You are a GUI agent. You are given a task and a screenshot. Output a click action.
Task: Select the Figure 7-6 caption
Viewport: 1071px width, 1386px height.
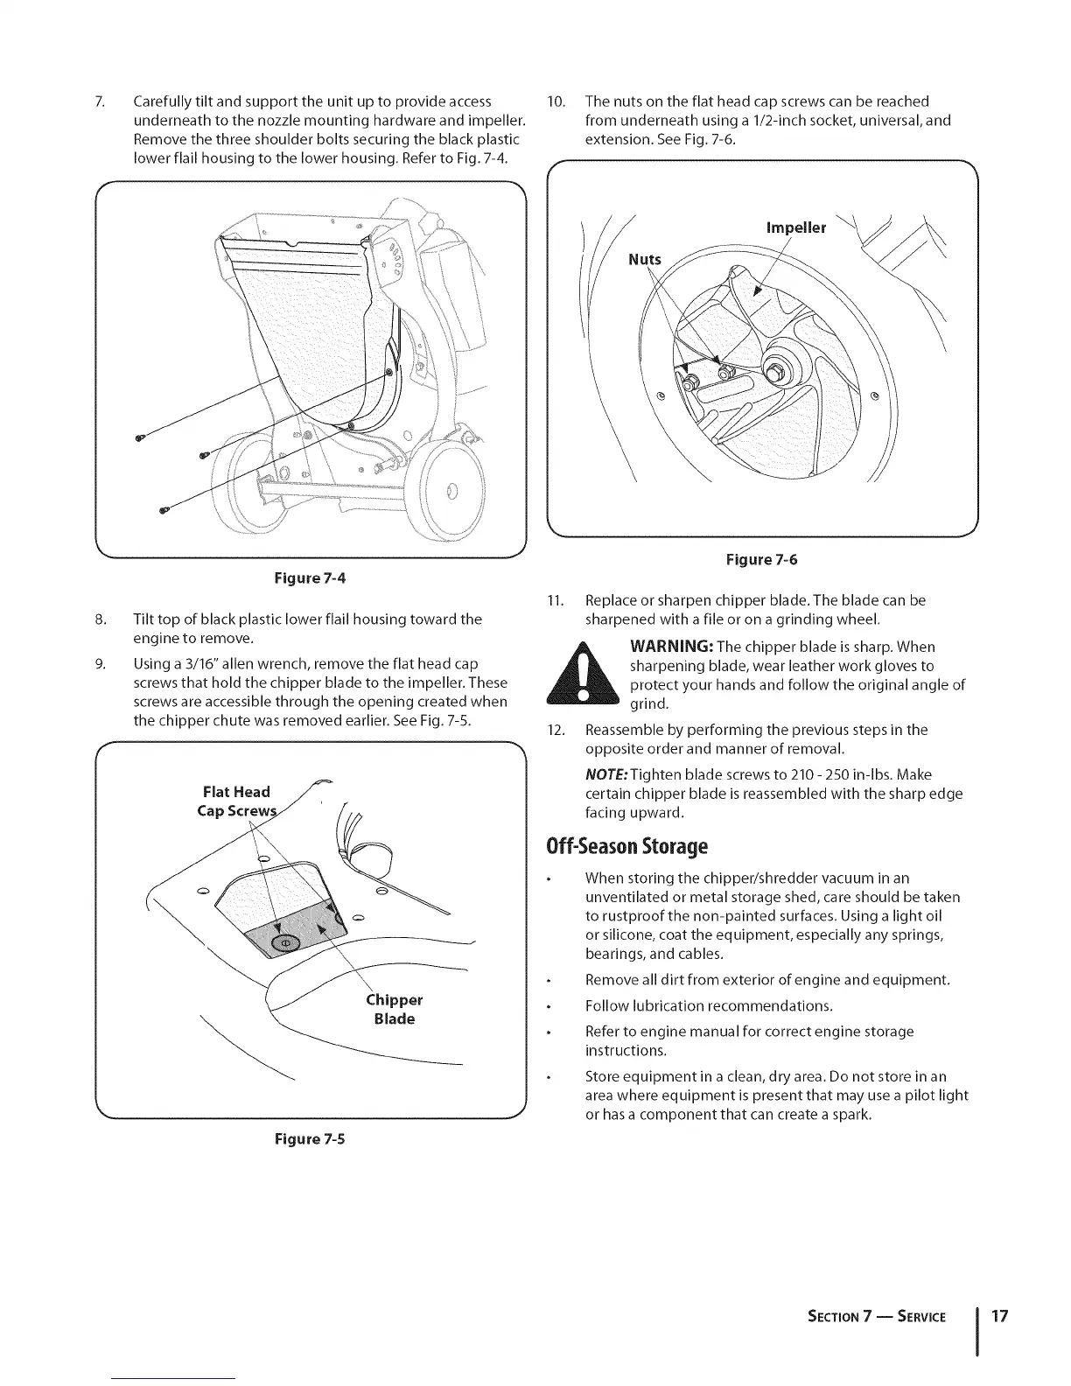pyautogui.click(x=761, y=559)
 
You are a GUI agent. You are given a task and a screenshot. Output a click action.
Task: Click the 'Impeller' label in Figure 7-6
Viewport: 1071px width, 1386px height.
pyautogui.click(x=795, y=227)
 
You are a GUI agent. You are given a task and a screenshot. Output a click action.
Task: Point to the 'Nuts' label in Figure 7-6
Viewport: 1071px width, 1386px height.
pyautogui.click(x=646, y=260)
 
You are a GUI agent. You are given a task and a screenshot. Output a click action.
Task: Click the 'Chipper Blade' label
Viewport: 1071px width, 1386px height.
pyautogui.click(x=394, y=1010)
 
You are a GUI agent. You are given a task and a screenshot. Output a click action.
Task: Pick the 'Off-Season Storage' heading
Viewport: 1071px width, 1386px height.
pyautogui.click(x=626, y=847)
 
